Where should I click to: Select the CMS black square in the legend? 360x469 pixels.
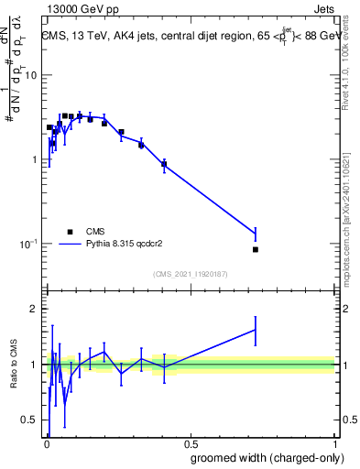(70, 232)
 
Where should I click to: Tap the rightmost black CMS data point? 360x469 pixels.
(256, 249)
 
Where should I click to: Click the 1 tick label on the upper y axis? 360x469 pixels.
(34, 159)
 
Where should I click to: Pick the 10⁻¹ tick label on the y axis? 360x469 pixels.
(27, 244)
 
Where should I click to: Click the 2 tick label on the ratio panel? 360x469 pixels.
(34, 309)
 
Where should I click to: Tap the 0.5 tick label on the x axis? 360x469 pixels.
(190, 442)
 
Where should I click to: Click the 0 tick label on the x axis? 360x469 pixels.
(46, 442)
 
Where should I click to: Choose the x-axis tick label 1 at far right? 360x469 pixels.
(333, 442)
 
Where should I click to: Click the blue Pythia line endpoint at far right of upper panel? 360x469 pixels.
(256, 234)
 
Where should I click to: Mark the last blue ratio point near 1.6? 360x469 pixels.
(256, 329)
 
